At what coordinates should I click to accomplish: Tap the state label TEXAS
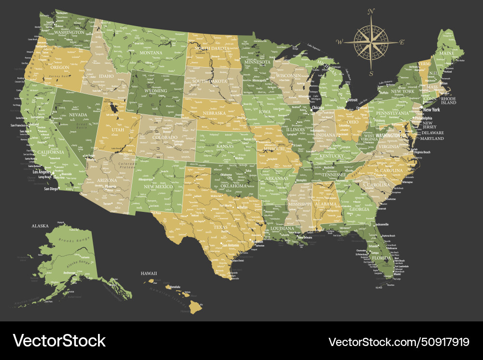[220, 227]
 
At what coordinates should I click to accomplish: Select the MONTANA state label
[151, 53]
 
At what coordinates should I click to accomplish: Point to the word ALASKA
[41, 225]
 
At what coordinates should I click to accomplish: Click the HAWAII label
[149, 274]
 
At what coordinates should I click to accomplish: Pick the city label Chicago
[318, 108]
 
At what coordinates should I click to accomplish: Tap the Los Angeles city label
[42, 172]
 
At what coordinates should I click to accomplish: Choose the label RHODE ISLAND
[448, 101]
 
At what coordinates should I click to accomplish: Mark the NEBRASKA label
[214, 113]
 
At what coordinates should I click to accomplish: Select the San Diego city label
[51, 189]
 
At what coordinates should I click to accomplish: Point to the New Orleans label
[305, 237]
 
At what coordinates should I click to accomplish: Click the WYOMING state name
[156, 90]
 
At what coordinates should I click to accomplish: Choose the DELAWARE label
[433, 132]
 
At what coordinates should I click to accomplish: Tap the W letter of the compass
[340, 42]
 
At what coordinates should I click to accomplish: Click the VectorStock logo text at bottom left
[59, 341]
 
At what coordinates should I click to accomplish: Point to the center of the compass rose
[371, 42]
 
